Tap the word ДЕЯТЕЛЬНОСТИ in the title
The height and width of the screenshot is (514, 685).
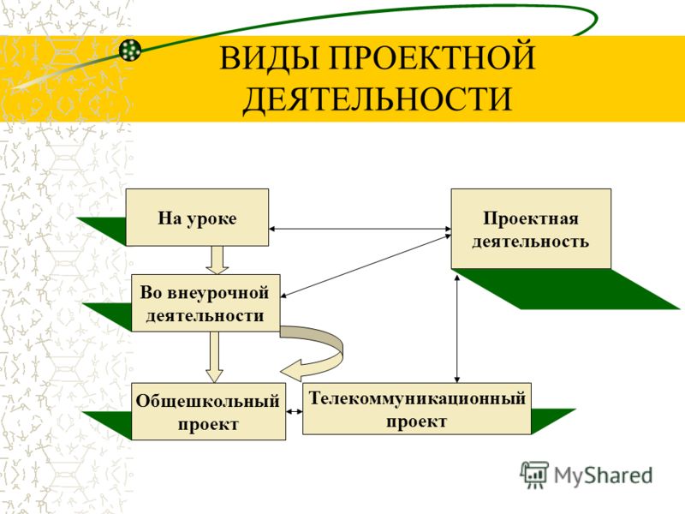click(377, 99)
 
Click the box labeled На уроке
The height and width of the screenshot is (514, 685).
click(197, 218)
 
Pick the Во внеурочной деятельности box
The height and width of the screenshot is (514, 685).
click(205, 303)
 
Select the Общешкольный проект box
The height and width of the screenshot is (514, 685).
click(208, 411)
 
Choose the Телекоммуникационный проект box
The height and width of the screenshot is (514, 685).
click(417, 409)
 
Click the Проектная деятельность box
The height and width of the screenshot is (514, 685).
click(531, 229)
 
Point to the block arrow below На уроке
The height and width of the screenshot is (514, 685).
click(217, 260)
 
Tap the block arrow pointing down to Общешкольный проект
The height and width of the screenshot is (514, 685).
click(215, 356)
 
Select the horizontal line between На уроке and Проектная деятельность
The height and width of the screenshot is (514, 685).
click(360, 229)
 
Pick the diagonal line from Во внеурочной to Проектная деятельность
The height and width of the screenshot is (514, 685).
click(366, 266)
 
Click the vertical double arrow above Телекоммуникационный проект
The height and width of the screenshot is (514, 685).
click(457, 329)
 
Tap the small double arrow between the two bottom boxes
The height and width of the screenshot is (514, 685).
click(295, 411)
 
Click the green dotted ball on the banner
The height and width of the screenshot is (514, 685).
click(131, 50)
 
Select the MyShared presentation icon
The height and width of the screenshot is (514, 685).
click(533, 475)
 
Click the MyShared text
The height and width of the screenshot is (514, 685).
click(604, 475)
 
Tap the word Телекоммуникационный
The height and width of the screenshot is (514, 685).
click(417, 398)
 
